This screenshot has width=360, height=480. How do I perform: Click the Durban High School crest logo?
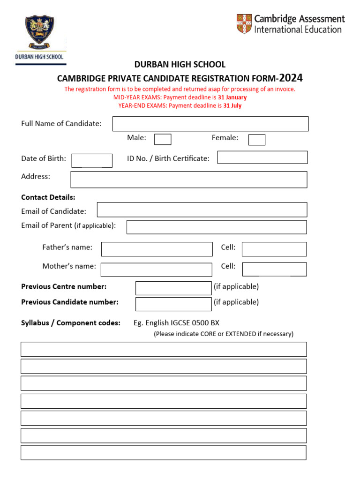click(39, 33)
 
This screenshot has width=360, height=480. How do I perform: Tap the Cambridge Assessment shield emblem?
click(244, 23)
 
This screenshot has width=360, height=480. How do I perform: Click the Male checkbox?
click(163, 139)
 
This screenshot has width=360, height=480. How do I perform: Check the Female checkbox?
click(257, 140)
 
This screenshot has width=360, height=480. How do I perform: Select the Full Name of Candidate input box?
click(210, 124)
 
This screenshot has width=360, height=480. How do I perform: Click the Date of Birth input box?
click(92, 160)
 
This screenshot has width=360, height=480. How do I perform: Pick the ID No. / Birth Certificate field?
click(262, 157)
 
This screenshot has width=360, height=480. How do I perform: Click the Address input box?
click(189, 180)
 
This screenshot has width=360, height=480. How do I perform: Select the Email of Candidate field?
click(202, 210)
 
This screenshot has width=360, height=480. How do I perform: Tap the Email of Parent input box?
click(217, 227)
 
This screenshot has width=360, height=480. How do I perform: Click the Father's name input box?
click(157, 249)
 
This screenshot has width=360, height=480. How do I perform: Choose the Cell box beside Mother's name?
click(274, 269)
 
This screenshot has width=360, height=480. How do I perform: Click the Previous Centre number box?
click(173, 288)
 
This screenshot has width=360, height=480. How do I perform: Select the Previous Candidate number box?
click(173, 304)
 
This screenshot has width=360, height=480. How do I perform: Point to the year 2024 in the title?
click(291, 78)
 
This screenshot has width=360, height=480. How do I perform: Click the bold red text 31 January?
click(232, 97)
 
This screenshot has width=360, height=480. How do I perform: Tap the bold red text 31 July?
click(232, 105)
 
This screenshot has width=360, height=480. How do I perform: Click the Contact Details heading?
click(48, 197)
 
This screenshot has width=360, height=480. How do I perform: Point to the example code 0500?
click(201, 322)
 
